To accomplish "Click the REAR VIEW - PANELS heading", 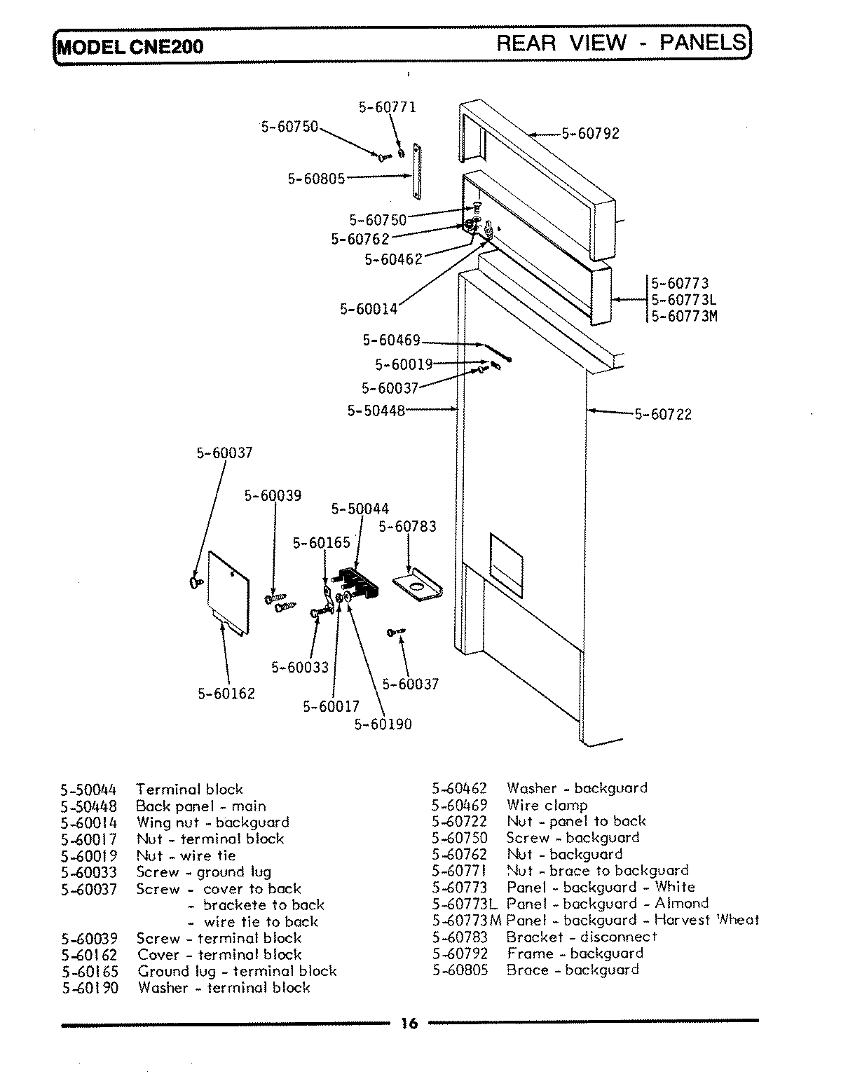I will [621, 43].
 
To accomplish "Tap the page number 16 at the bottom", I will [409, 1024].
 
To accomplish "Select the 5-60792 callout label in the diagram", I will [591, 134].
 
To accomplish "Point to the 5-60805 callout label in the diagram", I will [316, 179].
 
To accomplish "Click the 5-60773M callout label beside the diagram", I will [685, 316].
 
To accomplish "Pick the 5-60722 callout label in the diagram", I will [663, 414].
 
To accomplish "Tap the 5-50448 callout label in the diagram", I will [376, 411].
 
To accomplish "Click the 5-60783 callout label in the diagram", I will [407, 526].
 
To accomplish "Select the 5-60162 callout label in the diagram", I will [226, 694].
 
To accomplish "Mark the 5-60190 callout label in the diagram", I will [383, 724].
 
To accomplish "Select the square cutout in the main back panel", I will [506, 560].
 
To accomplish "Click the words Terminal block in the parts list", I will [189, 790].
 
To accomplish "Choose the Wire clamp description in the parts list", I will [547, 806].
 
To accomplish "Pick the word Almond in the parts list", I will [681, 904].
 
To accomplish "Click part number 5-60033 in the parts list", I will [89, 872].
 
